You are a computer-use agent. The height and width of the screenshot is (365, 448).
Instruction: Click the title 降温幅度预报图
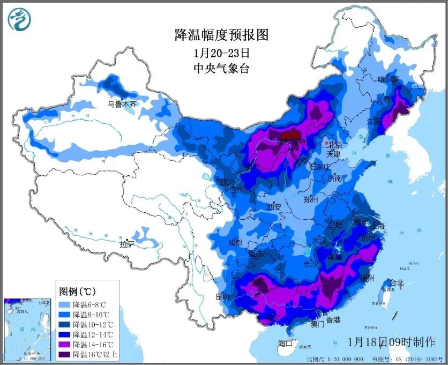pos(222,35)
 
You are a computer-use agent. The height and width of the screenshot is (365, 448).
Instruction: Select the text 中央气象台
pos(221,68)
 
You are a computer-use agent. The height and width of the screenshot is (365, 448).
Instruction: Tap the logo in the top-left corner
pos(19,19)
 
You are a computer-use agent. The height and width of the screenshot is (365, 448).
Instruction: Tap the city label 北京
pos(335,145)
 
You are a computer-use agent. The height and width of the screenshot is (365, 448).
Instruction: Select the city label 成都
pos(235,242)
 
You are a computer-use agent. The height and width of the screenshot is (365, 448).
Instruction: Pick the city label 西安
pos(274,206)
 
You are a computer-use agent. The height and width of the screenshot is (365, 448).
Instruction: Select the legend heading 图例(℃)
pos(77,292)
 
